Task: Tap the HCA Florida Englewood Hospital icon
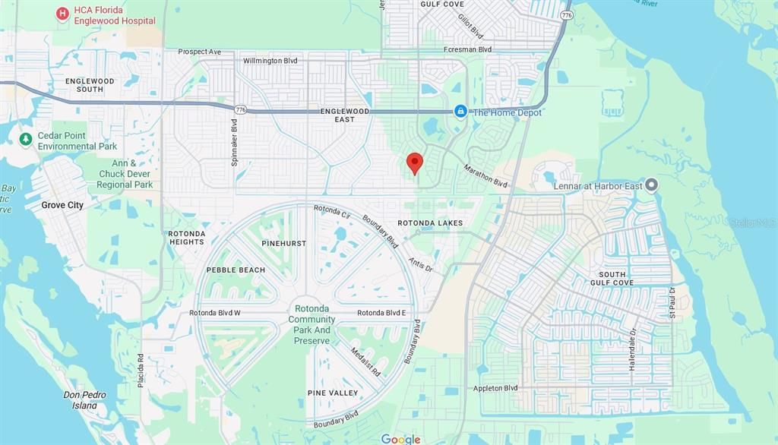click(x=62, y=14)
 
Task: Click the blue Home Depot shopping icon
click(x=460, y=112)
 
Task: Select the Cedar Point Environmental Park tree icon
click(x=25, y=138)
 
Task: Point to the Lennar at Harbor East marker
click(x=652, y=185)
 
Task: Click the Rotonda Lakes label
click(x=430, y=223)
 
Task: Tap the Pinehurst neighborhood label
click(x=283, y=243)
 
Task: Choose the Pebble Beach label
click(x=236, y=270)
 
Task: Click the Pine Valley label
click(x=332, y=393)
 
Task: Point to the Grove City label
click(x=62, y=205)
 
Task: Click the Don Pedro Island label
click(x=84, y=400)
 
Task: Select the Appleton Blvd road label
click(x=495, y=388)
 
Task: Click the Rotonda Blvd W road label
click(x=215, y=313)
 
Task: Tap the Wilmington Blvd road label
click(x=270, y=61)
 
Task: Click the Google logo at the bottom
click(x=400, y=439)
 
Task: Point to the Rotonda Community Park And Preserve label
click(x=312, y=325)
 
